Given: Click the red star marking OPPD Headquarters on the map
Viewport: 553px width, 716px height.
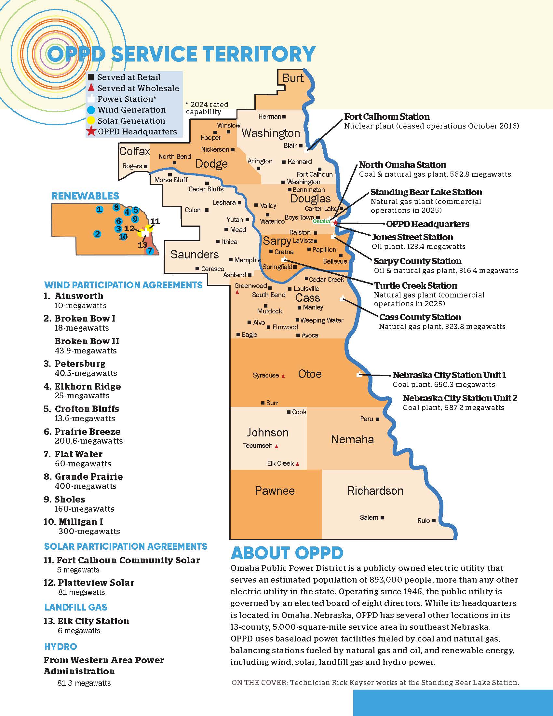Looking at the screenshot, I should [335, 222].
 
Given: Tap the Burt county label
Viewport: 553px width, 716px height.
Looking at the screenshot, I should [293, 78].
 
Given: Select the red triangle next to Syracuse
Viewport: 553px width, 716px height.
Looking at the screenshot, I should [283, 376].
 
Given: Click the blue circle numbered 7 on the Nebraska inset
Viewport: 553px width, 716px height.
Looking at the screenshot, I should [150, 251].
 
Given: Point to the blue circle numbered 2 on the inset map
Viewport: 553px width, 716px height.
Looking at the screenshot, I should [97, 234].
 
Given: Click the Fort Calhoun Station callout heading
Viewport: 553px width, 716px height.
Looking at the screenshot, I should [387, 117].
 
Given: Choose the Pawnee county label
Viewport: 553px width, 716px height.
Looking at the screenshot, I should [275, 491].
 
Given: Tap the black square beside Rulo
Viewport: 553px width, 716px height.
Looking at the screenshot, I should [434, 521].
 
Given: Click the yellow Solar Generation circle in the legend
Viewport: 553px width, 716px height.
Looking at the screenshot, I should [91, 121].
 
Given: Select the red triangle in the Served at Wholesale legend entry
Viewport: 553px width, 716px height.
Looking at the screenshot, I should [91, 88].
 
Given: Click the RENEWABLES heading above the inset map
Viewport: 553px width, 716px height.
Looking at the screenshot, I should [85, 196].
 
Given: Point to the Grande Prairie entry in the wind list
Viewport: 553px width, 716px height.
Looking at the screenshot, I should [89, 476].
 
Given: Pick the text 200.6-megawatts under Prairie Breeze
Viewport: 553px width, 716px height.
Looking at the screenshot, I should [89, 441].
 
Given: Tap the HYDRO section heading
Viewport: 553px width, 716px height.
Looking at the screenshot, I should [61, 646].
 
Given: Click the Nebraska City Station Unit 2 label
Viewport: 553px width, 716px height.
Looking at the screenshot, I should [460, 398].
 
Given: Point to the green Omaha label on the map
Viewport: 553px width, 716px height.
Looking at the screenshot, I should [321, 221].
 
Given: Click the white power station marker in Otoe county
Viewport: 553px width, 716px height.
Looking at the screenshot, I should [359, 374].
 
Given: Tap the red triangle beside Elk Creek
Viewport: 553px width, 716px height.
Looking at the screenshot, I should [297, 464].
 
